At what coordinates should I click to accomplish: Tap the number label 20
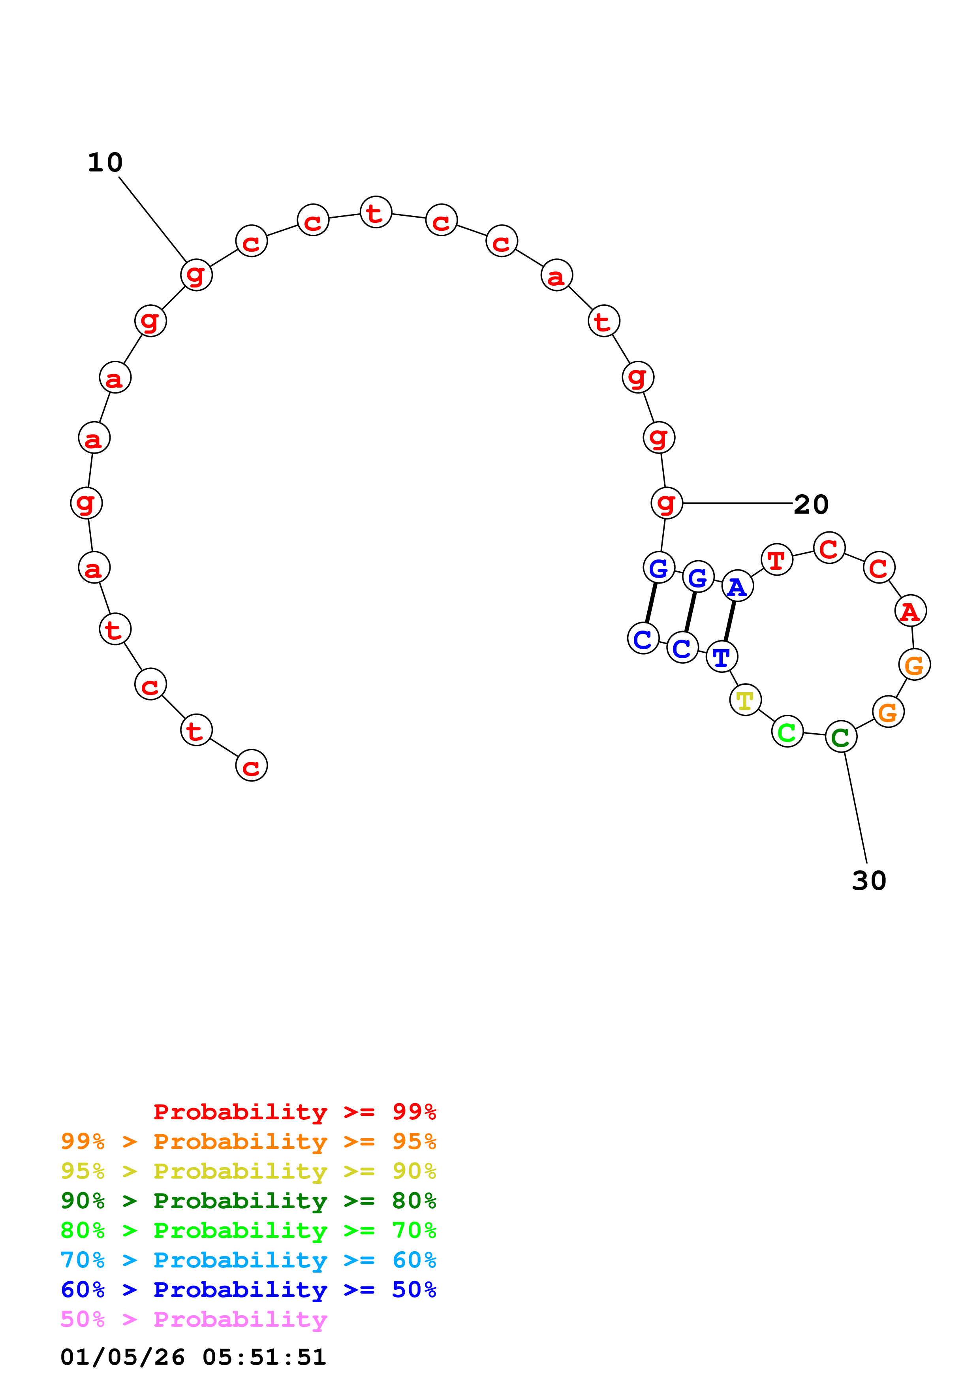pos(811,504)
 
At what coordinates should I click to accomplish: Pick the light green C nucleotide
pos(787,732)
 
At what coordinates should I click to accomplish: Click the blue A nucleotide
pos(737,586)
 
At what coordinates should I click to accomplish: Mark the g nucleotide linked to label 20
pos(667,503)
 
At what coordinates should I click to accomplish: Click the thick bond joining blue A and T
pos(729,621)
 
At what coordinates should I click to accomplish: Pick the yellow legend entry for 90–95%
pos(248,1171)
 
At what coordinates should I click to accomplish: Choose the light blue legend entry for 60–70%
pos(248,1260)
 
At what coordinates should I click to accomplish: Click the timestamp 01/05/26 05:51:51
pos(193,1357)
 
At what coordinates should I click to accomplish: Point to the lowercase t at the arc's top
pos(376,213)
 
